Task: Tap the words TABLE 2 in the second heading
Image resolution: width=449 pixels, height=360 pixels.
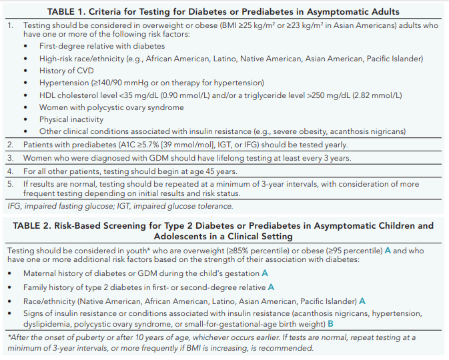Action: (31, 226)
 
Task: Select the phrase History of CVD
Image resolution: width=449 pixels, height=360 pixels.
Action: (67, 71)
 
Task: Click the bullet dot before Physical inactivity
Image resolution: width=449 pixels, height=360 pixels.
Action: (26, 119)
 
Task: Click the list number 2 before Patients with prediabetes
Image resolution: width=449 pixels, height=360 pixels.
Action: (10, 145)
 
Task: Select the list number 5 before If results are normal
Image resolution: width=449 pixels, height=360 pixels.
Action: (10, 184)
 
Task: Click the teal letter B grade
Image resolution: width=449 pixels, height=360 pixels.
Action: (330, 324)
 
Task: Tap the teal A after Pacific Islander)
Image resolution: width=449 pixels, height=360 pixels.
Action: (362, 301)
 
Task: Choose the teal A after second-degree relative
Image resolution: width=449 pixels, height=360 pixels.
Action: (271, 287)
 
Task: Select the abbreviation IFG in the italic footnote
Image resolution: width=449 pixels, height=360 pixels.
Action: (14, 206)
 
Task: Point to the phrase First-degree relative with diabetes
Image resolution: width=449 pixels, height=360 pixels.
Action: (102, 46)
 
